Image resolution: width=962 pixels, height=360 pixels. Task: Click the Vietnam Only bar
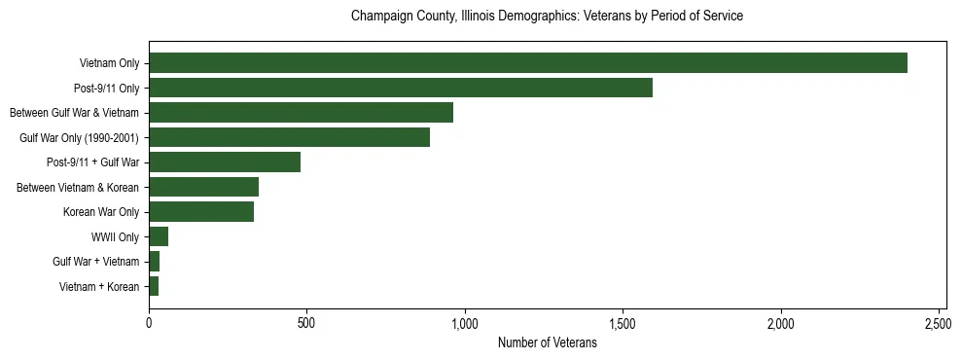528,63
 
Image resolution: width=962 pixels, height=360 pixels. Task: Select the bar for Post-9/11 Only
401,88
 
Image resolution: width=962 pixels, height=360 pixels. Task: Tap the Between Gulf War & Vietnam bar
301,113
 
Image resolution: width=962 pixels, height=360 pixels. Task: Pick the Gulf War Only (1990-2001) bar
289,137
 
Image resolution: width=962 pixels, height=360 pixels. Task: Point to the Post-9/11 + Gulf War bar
225,162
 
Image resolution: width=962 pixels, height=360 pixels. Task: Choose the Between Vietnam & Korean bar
203,187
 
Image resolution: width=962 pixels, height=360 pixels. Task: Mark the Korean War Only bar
201,211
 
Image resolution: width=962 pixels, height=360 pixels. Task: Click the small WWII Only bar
159,236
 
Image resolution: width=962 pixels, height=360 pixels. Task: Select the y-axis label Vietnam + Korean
99,286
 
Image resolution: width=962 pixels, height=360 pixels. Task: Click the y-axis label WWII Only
115,236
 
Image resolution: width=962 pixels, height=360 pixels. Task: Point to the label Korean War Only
101,212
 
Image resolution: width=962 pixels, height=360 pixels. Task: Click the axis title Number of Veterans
548,342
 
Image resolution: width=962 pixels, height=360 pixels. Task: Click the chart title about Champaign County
548,17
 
